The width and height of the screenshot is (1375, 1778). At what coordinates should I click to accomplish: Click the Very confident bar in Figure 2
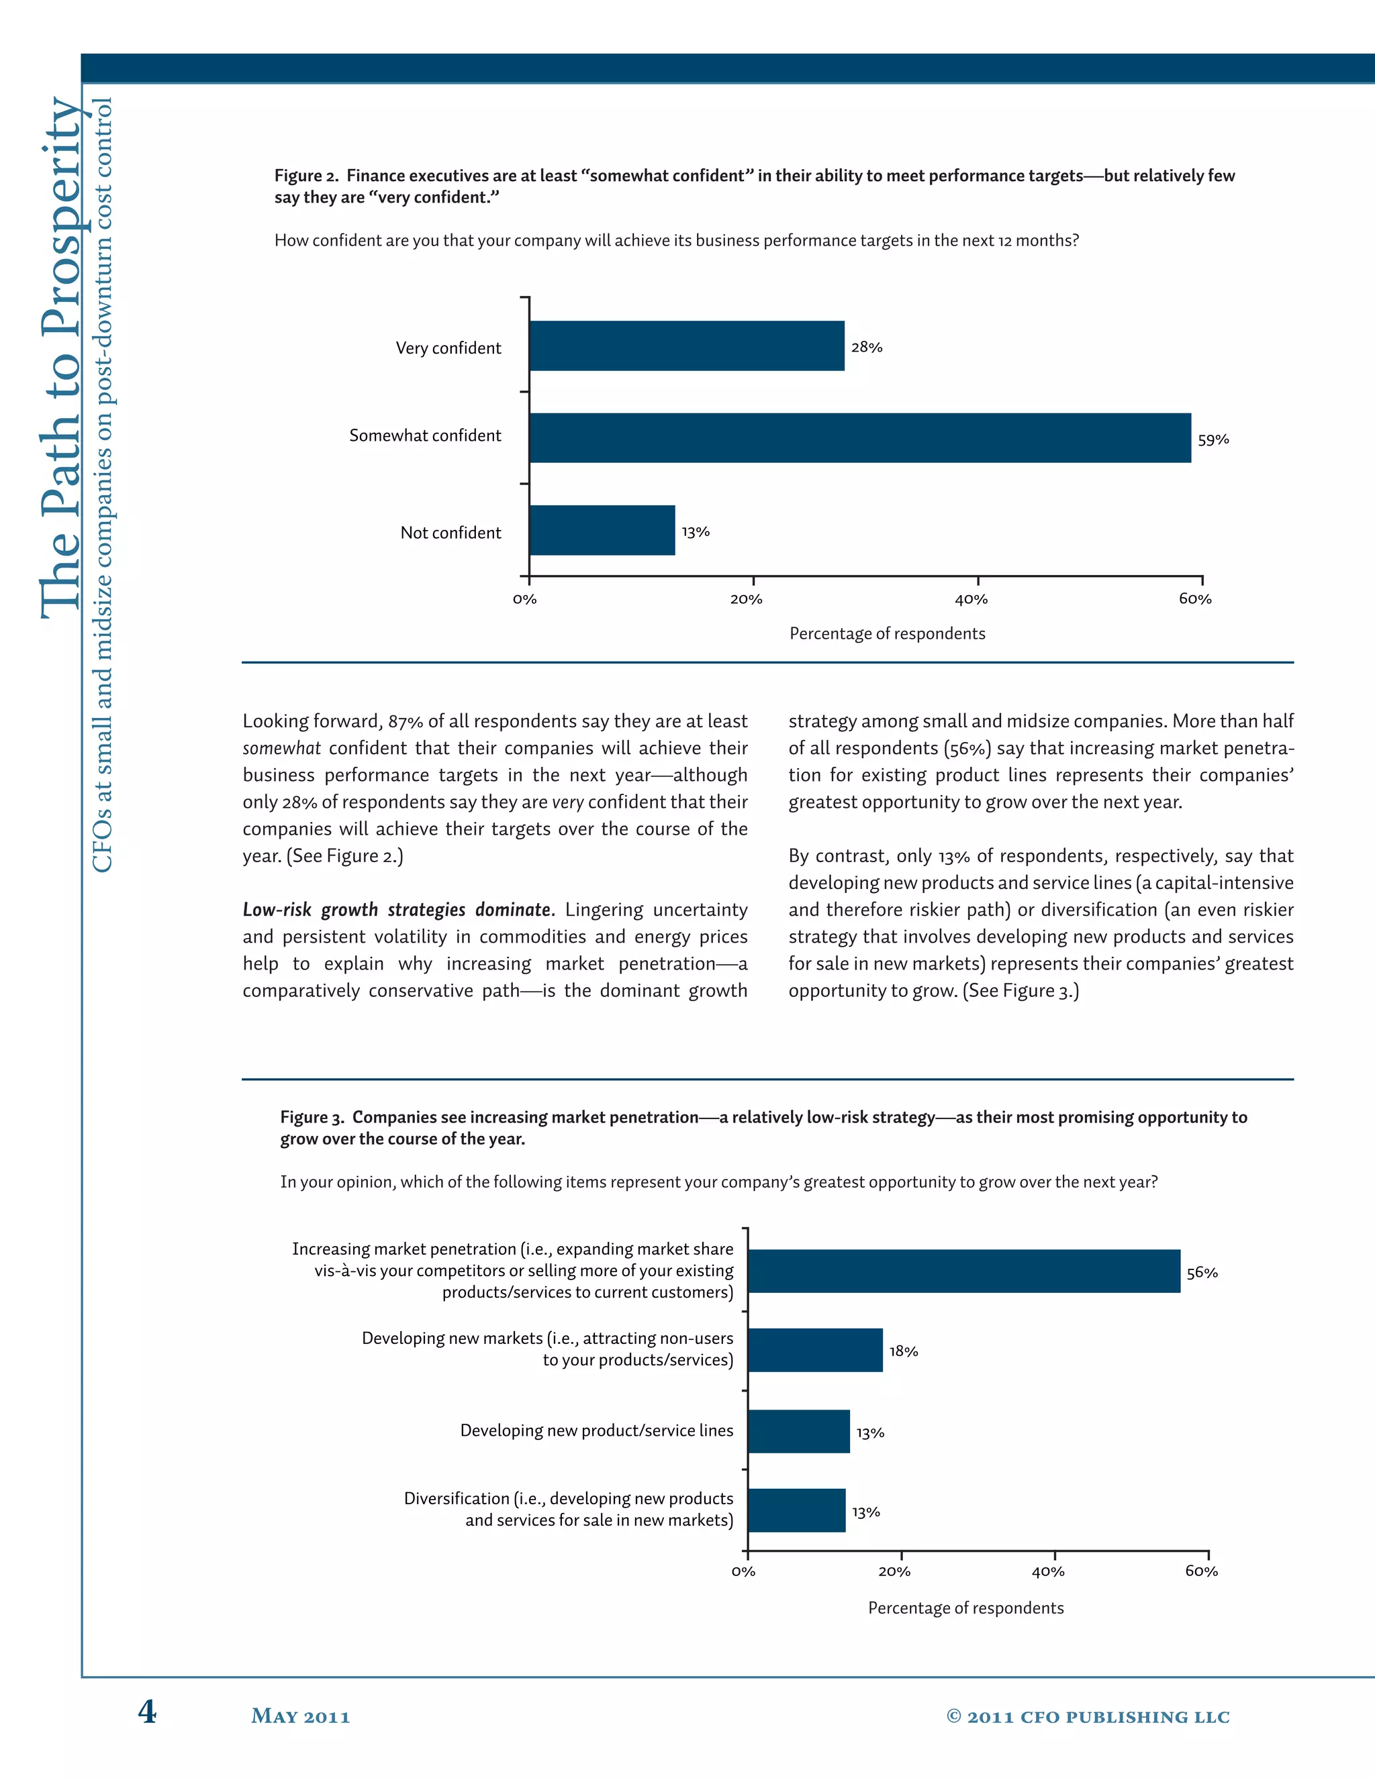687,346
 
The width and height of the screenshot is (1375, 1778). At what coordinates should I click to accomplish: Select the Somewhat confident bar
860,438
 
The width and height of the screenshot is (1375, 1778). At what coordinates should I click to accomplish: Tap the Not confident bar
602,531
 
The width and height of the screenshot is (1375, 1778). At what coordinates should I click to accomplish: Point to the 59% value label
1213,439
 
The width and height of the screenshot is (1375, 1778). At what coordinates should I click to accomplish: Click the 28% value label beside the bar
867,347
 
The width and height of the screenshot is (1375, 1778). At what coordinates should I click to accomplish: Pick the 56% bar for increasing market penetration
963,1271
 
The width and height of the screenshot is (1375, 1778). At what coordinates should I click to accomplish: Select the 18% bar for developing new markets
814,1350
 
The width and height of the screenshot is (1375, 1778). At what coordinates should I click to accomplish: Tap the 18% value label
904,1351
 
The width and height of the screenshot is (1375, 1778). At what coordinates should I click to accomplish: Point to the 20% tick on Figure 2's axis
746,599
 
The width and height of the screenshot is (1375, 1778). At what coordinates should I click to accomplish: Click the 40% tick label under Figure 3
1047,1571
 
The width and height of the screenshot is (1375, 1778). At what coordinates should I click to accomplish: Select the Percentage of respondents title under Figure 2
887,633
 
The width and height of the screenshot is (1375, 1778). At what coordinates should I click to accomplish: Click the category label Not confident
451,533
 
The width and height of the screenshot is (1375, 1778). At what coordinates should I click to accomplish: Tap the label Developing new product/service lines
596,1430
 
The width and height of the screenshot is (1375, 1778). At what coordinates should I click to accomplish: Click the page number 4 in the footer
146,1712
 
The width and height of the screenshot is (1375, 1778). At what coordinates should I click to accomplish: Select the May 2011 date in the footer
301,1716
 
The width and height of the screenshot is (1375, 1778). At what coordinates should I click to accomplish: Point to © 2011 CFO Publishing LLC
1088,1716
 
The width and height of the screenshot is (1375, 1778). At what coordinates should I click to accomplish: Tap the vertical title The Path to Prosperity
62,358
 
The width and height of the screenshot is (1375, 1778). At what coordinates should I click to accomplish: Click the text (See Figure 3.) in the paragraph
1021,991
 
